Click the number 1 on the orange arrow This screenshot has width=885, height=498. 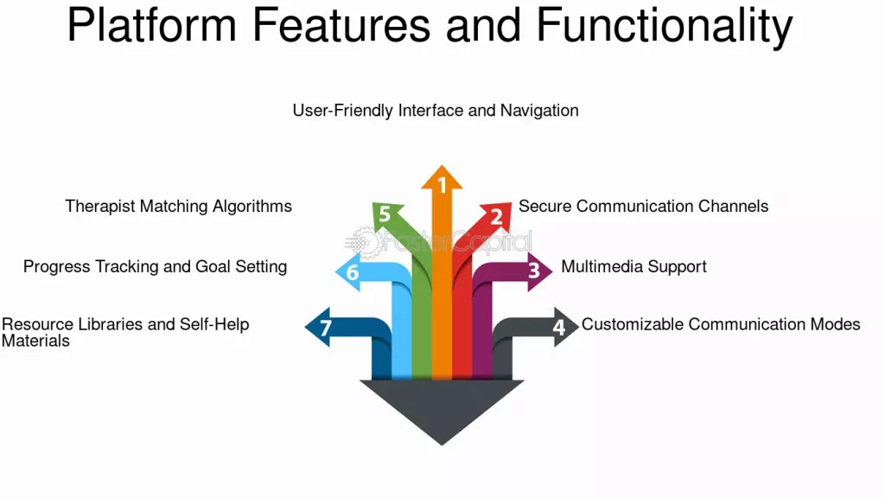pos(442,185)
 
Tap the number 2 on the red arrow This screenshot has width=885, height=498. pos(496,217)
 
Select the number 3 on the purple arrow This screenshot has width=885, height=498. pos(534,271)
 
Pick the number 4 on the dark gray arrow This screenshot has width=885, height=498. pos(559,328)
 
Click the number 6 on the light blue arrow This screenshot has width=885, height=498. pos(352,272)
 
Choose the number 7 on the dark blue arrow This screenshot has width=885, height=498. pos(325,329)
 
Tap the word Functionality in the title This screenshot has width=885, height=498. pos(665,26)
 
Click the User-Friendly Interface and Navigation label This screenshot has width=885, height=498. pos(436,111)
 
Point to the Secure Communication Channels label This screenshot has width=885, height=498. pos(643,206)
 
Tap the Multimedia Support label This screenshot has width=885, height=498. pos(634,266)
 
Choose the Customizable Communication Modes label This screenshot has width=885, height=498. pos(721,324)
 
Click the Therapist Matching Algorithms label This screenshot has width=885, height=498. pos(178,206)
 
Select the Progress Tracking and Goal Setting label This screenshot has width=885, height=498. pos(155,266)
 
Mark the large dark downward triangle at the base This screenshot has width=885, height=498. pos(442,406)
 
